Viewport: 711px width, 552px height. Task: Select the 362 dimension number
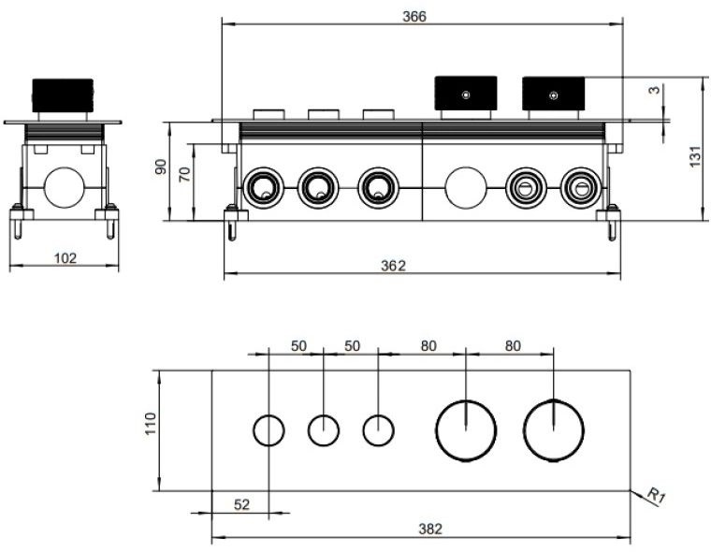tap(394, 266)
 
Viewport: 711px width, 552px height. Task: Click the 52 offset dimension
tap(241, 504)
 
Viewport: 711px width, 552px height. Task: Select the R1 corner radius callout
tap(658, 495)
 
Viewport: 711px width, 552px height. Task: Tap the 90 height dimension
tap(160, 169)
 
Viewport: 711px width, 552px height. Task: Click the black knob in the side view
tap(64, 94)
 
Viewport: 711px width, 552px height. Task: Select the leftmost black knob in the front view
tap(465, 94)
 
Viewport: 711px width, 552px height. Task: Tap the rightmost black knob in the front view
tap(554, 94)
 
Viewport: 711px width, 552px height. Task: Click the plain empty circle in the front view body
tap(463, 185)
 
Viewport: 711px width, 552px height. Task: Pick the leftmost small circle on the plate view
tap(269, 431)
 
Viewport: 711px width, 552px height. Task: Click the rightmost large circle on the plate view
tap(553, 431)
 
